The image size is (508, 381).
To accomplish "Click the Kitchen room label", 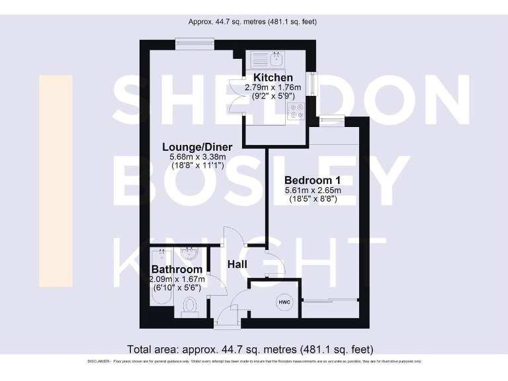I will point(269,78).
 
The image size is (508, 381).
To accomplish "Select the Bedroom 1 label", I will point(312,180).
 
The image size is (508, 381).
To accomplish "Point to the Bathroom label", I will point(177,270).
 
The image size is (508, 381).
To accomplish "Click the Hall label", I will point(237,265).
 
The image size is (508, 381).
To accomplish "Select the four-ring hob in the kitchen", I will point(295,114).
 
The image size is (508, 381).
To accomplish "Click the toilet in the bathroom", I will point(189,306).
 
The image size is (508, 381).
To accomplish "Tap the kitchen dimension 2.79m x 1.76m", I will point(273,87).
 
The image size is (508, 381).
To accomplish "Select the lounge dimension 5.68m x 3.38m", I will point(198,157).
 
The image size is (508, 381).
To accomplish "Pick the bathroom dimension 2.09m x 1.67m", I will point(177,279).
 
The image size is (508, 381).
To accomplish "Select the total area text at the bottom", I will point(250,349).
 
